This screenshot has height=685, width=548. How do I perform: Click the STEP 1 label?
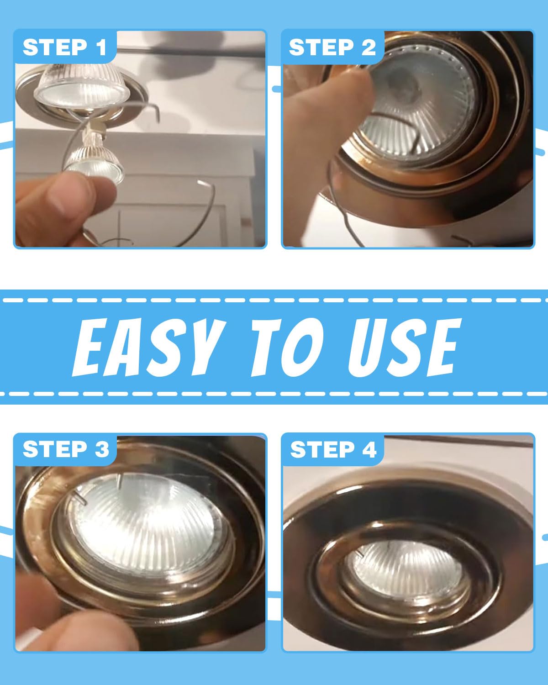65,47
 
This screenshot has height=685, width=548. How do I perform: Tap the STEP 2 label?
332,47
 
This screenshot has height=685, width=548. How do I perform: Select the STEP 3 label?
66,449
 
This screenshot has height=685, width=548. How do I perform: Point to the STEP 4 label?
333,449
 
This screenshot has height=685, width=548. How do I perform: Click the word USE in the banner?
405,347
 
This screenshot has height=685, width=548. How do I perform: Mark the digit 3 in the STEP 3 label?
101,449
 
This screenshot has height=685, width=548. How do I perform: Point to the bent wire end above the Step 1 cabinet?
201,182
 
